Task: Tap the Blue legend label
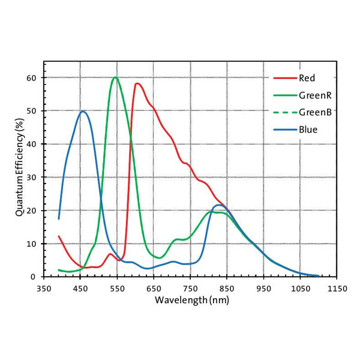(x=306, y=129)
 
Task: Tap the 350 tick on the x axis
(x=44, y=289)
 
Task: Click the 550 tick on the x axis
(x=117, y=289)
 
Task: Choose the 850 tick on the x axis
(x=227, y=289)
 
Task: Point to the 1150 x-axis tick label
(x=337, y=289)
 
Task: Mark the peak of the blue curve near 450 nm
(x=83, y=112)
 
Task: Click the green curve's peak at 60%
(x=115, y=77)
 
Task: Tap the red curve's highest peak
(x=137, y=83)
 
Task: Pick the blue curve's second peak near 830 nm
(x=219, y=205)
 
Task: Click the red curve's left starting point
(x=59, y=236)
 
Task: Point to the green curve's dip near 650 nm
(x=157, y=258)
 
